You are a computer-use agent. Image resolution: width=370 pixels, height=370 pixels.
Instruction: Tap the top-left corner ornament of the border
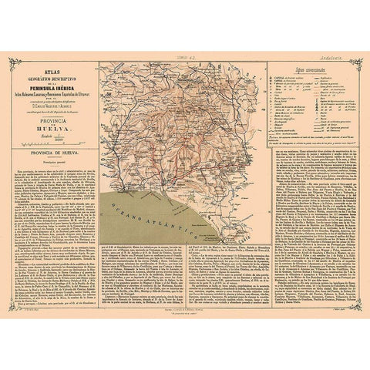(12, 61)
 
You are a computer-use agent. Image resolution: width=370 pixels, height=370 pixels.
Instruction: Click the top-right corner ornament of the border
(358, 61)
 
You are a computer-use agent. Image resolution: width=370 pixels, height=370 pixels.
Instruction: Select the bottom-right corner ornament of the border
(358, 307)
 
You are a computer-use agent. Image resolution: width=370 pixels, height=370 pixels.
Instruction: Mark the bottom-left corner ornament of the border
(12, 307)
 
